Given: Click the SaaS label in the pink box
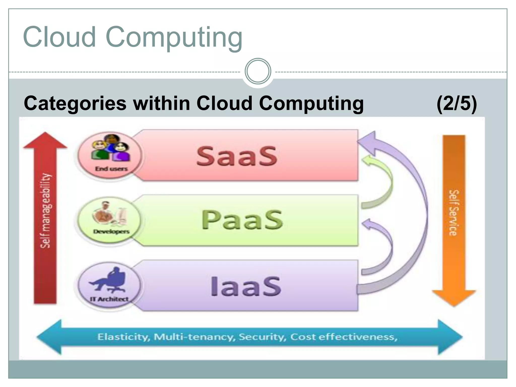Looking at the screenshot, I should pos(237,156).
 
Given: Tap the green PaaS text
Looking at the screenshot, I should pos(242,220).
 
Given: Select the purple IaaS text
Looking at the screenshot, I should pos(246,286).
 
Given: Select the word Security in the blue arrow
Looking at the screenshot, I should pos(262,337).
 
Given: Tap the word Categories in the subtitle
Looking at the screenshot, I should pos(75,104).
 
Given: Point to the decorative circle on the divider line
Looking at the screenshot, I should pos(258,71).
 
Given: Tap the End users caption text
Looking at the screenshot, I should pos(111,169).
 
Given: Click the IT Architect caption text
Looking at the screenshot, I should pos(109,299).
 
